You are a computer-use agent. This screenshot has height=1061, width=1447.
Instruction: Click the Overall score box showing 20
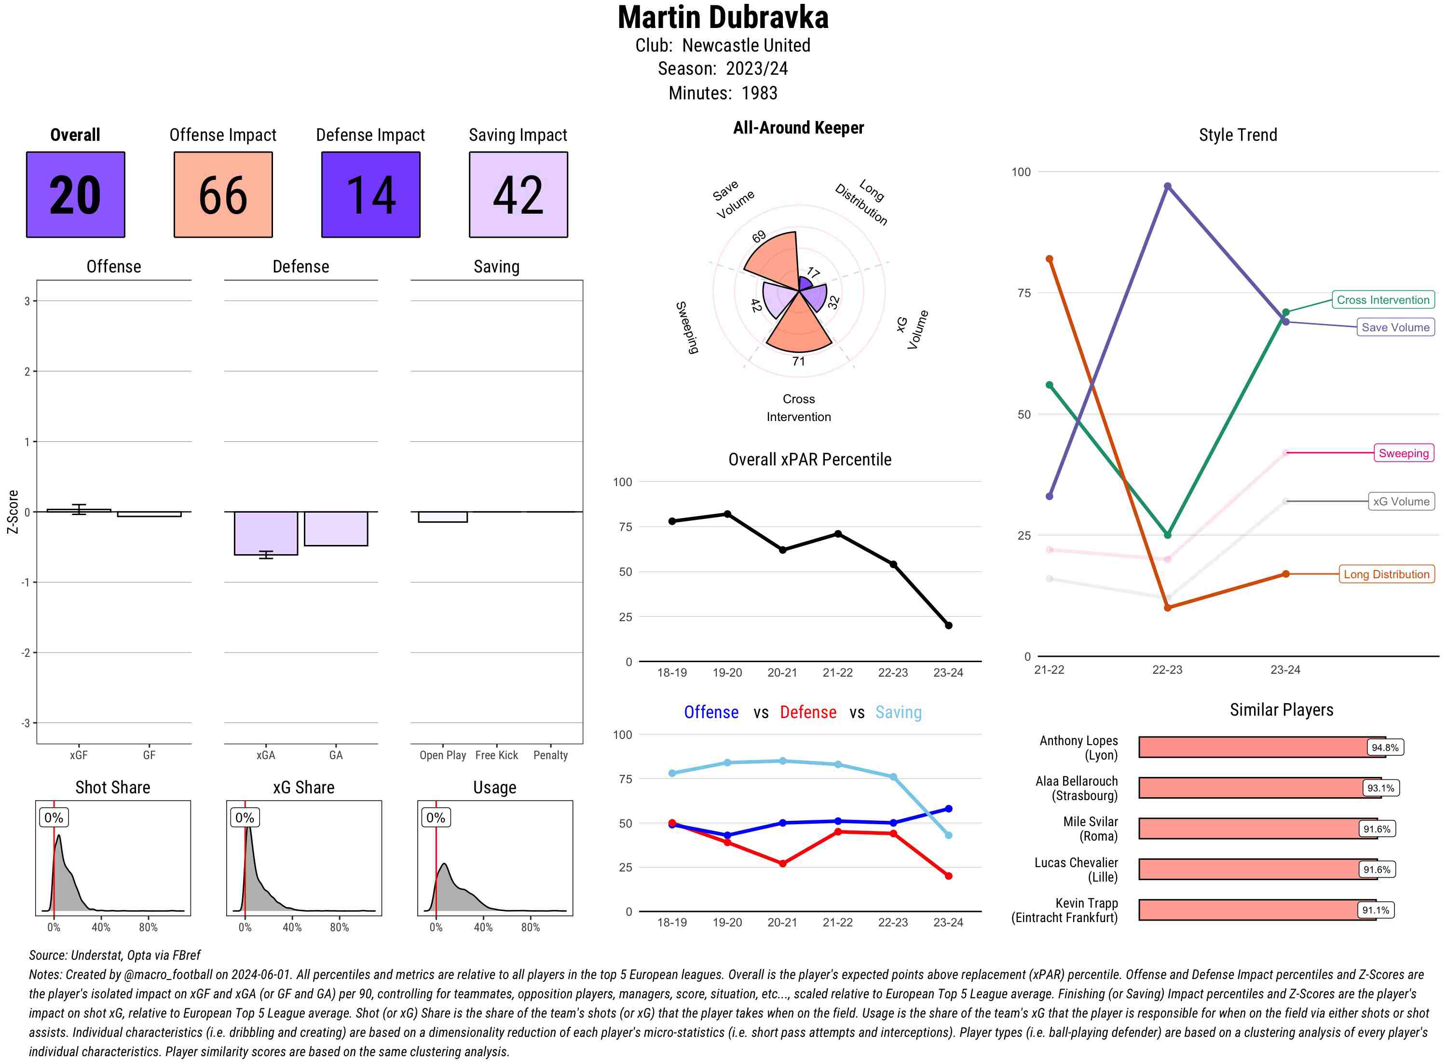(x=75, y=195)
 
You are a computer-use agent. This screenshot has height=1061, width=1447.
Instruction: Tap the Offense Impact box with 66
(x=223, y=195)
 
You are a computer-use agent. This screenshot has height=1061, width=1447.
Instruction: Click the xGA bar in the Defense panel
(x=265, y=533)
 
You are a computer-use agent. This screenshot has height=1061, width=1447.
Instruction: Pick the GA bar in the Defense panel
(x=335, y=529)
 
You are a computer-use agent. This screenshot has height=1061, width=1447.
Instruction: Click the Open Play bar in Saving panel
(x=442, y=517)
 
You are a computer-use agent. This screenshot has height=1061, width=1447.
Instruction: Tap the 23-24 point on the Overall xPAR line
(x=948, y=625)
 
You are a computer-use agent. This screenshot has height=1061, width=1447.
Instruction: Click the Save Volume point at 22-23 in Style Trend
(x=1167, y=186)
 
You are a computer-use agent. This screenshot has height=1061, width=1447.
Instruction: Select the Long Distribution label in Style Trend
(x=1386, y=574)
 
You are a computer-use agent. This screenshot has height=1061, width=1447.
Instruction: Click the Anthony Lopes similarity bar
(x=1253, y=747)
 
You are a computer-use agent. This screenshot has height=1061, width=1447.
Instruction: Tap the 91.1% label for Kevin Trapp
(x=1375, y=910)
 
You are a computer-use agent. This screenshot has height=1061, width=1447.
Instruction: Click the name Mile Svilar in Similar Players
(x=1090, y=821)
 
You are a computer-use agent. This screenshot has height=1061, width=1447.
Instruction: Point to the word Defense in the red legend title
(x=807, y=712)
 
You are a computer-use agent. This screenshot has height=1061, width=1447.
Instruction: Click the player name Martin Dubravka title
(x=723, y=18)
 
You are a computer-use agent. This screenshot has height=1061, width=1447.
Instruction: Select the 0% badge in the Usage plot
(x=436, y=817)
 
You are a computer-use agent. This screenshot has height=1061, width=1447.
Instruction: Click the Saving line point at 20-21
(x=782, y=761)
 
